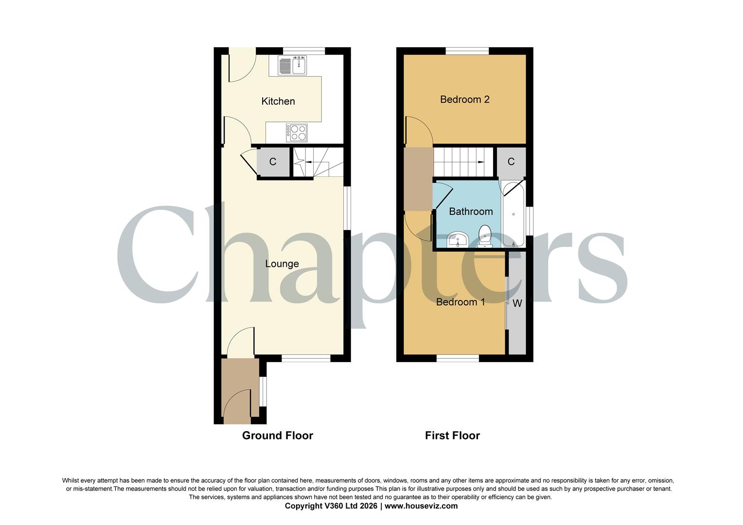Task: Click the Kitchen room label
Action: coord(278,101)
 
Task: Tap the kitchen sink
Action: coord(292,66)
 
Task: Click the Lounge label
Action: coord(282,264)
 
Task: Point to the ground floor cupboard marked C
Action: coord(273,162)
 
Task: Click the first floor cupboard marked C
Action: coord(511,161)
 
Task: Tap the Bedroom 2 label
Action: coord(464,100)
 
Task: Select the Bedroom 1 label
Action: coord(460,302)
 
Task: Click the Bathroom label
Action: coord(471,211)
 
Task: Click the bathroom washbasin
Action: coord(458,239)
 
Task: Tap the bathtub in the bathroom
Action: coord(513,214)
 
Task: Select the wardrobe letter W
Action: coord(517,303)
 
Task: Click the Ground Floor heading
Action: coord(278,436)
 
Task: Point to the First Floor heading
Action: coord(452,436)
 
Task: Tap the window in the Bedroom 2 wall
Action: coord(467,51)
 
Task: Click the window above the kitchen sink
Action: coord(304,51)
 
